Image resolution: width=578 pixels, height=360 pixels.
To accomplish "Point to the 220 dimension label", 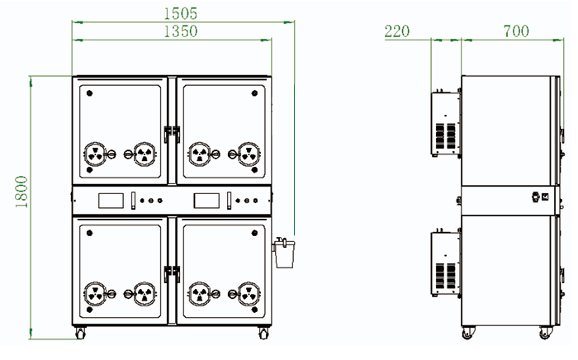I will coord(397,31).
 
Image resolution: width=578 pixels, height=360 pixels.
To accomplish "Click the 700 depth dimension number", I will coord(516,31).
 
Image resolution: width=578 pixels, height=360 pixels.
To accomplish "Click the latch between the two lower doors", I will coord(173,271).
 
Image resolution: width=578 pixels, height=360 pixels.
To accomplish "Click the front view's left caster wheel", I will coord(80,334).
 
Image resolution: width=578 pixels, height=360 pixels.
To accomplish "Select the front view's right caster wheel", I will coord(264,334).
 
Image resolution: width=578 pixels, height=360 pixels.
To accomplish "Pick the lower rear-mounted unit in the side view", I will coord(445,263).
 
